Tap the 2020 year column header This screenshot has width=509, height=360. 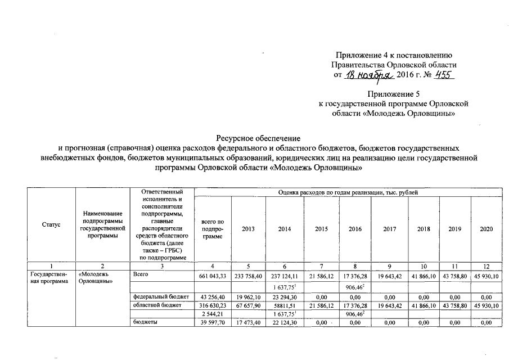click(x=487, y=229)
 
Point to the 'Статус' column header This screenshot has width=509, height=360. click(x=52, y=224)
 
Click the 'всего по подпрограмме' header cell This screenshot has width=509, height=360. click(x=213, y=229)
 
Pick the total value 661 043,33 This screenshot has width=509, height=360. click(x=213, y=276)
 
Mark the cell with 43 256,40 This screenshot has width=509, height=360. click(x=213, y=296)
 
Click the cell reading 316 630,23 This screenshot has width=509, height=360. click(x=213, y=305)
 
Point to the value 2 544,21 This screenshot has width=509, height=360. click(x=213, y=313)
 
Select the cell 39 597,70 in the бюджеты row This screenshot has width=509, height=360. click(x=213, y=322)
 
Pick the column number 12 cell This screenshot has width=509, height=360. click(x=487, y=266)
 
